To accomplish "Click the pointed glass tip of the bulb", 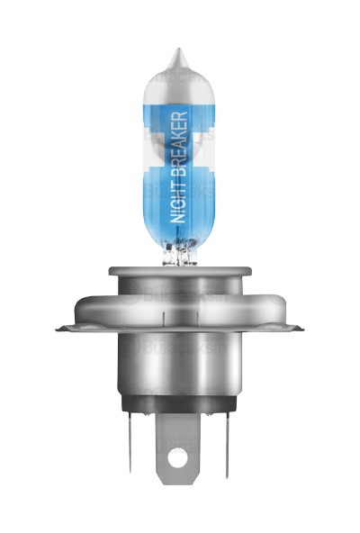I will pos(178,59).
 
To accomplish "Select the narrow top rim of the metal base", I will pos(180,269).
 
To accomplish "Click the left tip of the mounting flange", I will pos(61,329).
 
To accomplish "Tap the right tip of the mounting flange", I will pos(299,329).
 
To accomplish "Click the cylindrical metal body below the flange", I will pos(180,369).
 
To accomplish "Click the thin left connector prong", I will pos(130,446).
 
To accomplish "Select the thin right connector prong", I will pos(228,446).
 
